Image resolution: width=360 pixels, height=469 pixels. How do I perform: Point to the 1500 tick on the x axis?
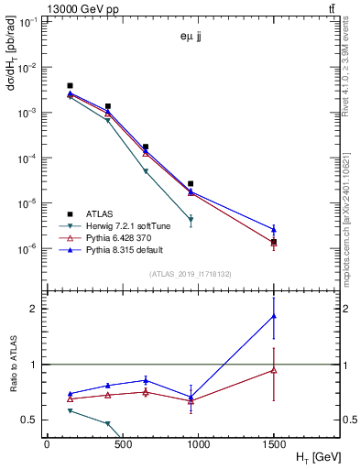273,444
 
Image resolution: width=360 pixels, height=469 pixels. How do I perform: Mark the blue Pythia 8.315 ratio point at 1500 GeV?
274,315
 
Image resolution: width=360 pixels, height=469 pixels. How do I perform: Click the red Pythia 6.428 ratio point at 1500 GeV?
274,370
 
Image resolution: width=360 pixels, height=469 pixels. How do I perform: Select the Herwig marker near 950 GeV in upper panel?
191,220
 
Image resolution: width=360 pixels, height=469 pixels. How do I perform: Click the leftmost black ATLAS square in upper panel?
71,86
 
